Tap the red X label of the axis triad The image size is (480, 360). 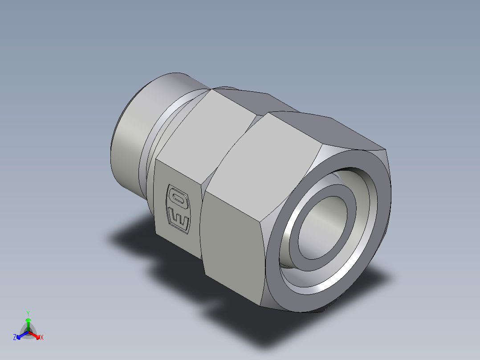[41, 338]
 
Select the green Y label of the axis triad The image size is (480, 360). [28, 313]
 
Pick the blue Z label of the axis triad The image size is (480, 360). [15, 337]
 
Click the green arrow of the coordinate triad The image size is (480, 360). [28, 323]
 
